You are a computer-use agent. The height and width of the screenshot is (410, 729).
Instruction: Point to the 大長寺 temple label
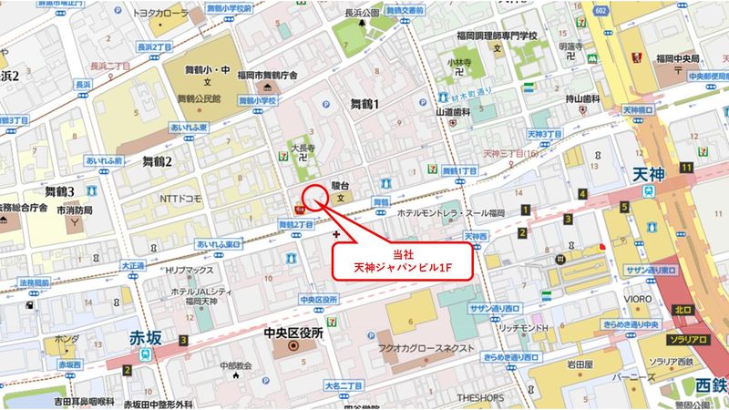303,144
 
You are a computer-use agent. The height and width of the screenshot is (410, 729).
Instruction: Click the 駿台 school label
340,183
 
